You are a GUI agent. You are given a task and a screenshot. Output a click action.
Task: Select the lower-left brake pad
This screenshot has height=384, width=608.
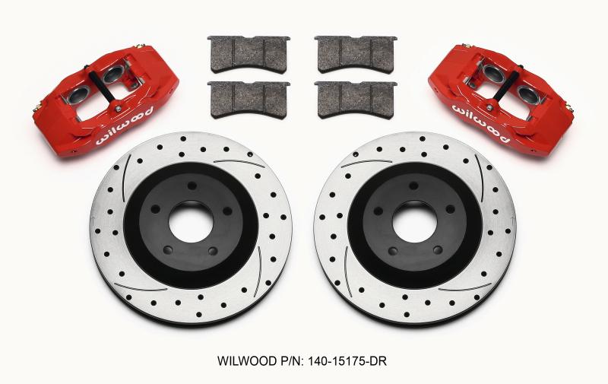pyautogui.click(x=239, y=94)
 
